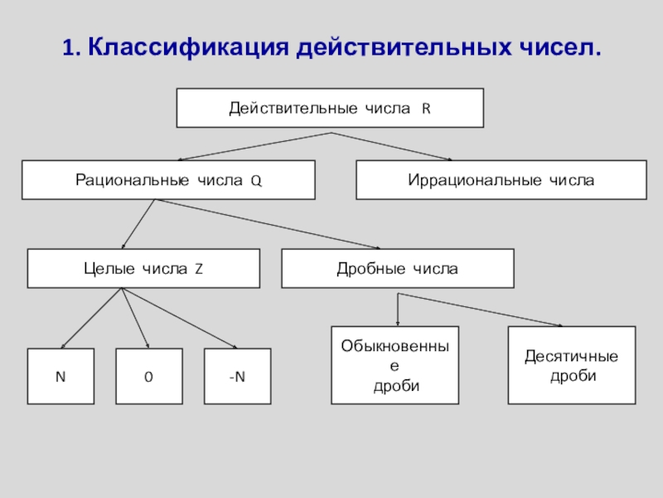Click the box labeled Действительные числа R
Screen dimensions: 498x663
coord(330,109)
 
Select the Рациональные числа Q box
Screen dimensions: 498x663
coord(168,180)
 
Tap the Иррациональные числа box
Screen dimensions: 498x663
coord(501,180)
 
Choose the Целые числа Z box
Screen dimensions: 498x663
coord(143,269)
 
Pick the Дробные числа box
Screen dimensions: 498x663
coord(397,269)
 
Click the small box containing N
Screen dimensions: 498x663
coord(60,377)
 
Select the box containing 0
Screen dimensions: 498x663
coord(148,377)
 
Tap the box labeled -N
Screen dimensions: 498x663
coord(237,377)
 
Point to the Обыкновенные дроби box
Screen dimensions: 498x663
coord(394,365)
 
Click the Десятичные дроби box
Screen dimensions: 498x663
coord(571,365)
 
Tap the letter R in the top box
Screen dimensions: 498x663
coord(426,109)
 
